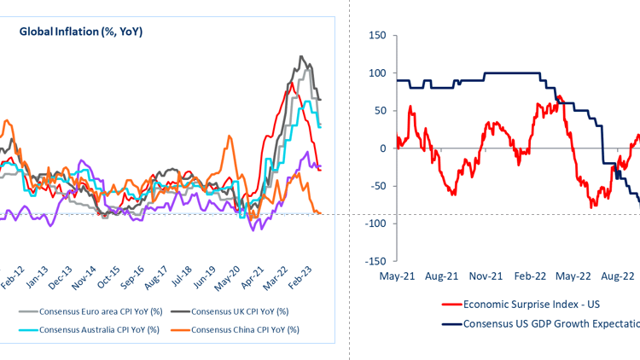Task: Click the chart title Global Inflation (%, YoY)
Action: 81,32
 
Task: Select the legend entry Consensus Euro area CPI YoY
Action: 93,311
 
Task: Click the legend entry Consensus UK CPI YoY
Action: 241,311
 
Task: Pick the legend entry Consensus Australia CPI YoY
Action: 93,329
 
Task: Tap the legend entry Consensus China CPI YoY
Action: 241,329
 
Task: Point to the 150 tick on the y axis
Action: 375,36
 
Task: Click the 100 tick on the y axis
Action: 375,73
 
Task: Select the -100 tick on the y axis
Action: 374,224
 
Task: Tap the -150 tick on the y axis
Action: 374,261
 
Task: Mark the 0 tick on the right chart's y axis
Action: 381,148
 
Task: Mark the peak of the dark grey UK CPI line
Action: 301,56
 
